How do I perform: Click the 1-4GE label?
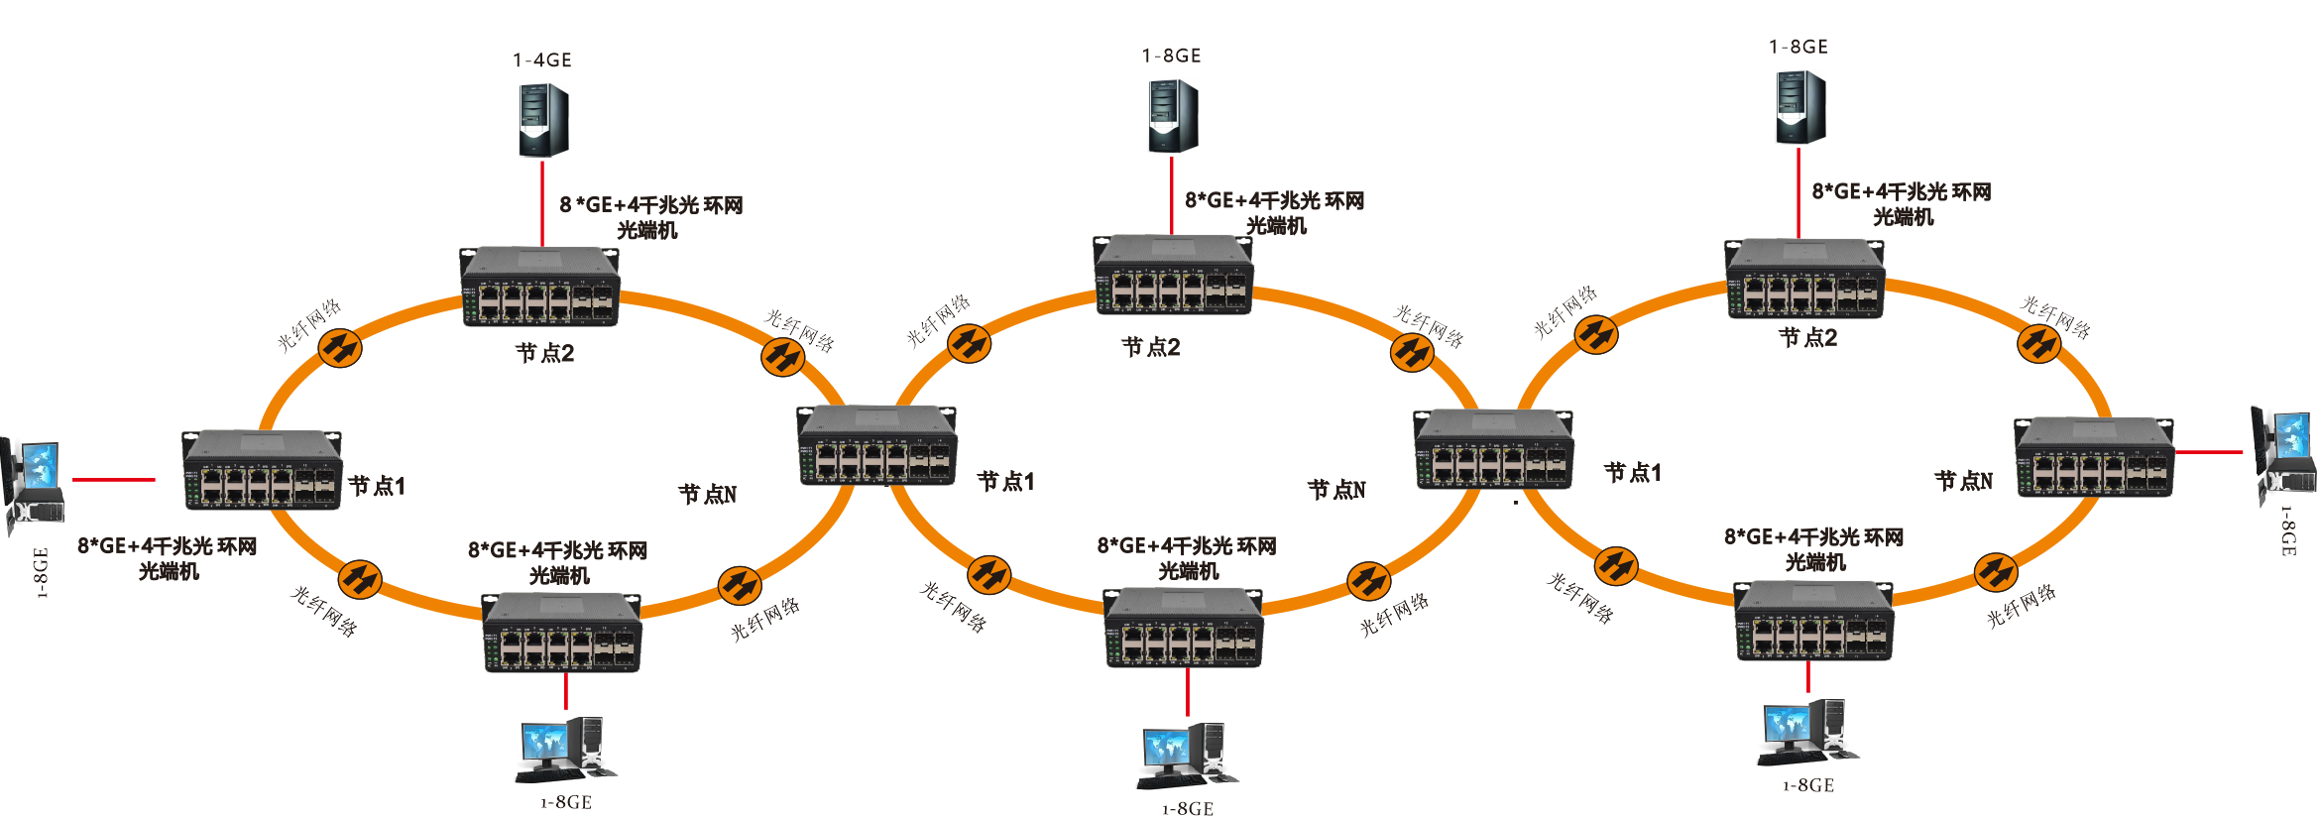pyautogui.click(x=542, y=60)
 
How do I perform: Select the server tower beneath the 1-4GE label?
pyautogui.click(x=543, y=120)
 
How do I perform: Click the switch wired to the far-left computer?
pyautogui.click(x=262, y=470)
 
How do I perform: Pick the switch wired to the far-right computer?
pyautogui.click(x=2094, y=458)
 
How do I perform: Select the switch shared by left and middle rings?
pyautogui.click(x=877, y=445)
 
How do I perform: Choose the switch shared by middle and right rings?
pyautogui.click(x=1493, y=450)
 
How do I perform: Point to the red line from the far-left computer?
pyautogui.click(x=113, y=480)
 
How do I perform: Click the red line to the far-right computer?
pyautogui.click(x=2209, y=452)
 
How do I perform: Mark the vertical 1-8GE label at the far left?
pyautogui.click(x=41, y=573)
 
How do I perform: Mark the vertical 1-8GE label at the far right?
pyautogui.click(x=2287, y=531)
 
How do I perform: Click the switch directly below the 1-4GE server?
pyautogui.click(x=539, y=288)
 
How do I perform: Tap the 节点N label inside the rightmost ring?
pyautogui.click(x=1963, y=481)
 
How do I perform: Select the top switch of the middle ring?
pyautogui.click(x=1173, y=275)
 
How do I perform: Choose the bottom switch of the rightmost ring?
pyautogui.click(x=1813, y=622)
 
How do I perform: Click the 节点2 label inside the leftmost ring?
pyautogui.click(x=544, y=353)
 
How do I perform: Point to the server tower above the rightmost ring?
pyautogui.click(x=1799, y=107)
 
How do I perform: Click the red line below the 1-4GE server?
pyautogui.click(x=542, y=203)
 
